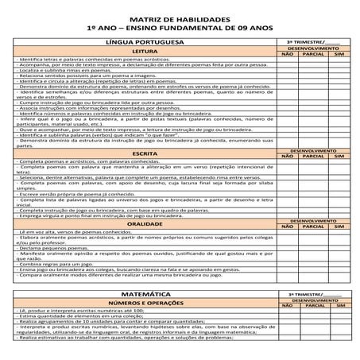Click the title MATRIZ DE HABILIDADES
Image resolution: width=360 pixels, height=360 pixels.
pyautogui.click(x=180, y=17)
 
